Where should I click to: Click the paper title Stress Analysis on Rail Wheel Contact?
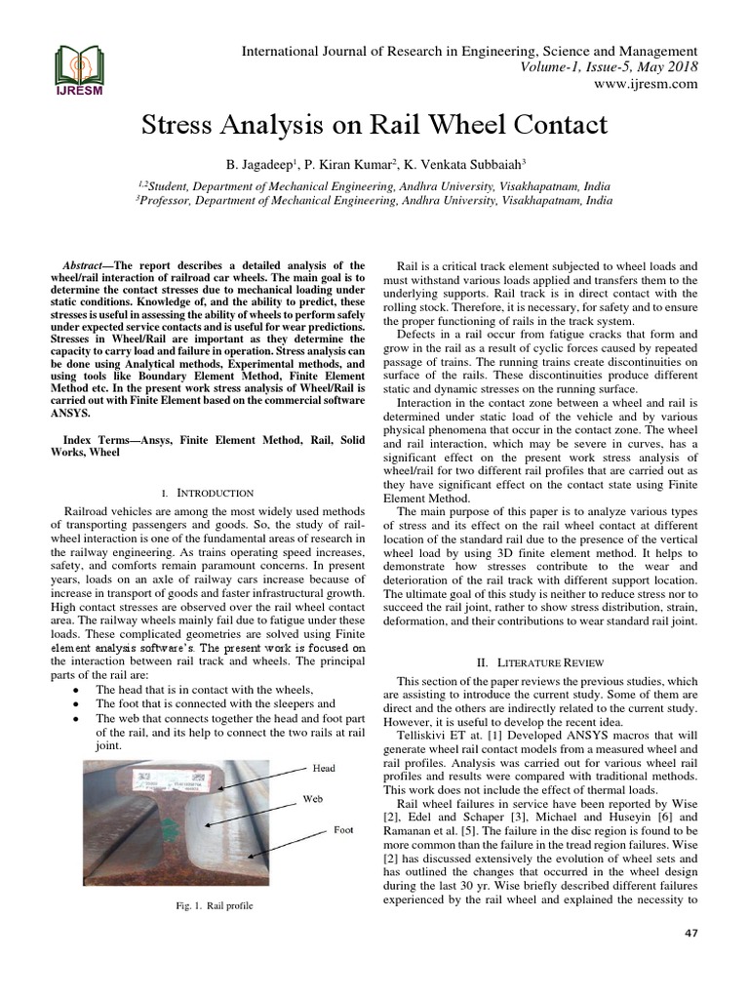click(374, 125)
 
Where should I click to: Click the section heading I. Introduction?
click(209, 493)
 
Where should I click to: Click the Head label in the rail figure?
click(324, 768)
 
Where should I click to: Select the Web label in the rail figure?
click(313, 798)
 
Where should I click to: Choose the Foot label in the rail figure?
click(343, 830)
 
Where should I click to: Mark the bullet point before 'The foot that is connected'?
click(76, 703)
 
